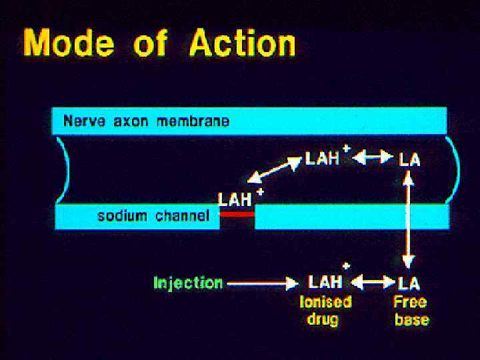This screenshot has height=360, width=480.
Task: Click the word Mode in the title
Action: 69,43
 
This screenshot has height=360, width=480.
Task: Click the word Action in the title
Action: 242,43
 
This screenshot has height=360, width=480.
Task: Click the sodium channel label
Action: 153,216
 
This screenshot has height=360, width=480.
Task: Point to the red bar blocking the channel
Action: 237,214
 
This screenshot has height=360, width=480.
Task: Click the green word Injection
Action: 188,283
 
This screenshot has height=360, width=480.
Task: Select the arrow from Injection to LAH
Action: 262,283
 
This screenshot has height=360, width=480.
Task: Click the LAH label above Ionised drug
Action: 325,282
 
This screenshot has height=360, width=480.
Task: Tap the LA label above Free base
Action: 409,283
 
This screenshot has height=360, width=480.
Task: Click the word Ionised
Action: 325,301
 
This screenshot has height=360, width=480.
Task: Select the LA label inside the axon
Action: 409,159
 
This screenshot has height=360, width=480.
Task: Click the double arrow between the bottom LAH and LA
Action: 373,283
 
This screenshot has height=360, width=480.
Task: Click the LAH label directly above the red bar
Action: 235,199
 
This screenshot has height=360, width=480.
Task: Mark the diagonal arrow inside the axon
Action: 274,170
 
